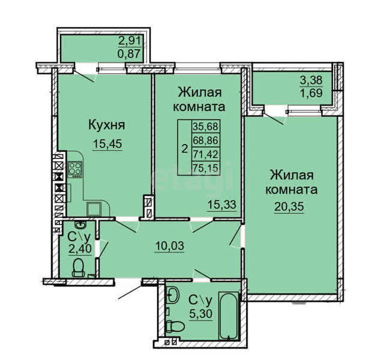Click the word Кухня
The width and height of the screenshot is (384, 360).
click(107, 125)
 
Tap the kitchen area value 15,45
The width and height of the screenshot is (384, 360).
click(107, 144)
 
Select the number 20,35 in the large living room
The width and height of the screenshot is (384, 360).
click(289, 206)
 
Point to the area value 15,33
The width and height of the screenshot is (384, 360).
click(222, 204)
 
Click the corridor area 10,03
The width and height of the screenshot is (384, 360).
click(170, 245)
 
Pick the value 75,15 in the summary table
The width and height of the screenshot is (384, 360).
click(205, 168)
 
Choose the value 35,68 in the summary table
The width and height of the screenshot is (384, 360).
click(205, 127)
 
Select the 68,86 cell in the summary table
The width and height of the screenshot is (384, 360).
click(205, 140)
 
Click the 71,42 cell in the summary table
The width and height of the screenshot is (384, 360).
click(205, 154)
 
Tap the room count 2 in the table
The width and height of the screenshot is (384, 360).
click(185, 148)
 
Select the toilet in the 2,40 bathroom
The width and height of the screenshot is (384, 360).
click(79, 268)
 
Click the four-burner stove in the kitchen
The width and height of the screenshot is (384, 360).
click(74, 169)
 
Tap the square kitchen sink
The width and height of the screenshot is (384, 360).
click(94, 209)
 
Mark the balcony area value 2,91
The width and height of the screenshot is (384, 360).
click(130, 41)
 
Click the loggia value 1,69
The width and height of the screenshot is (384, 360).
click(311, 93)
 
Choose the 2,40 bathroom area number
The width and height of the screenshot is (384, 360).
click(80, 249)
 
